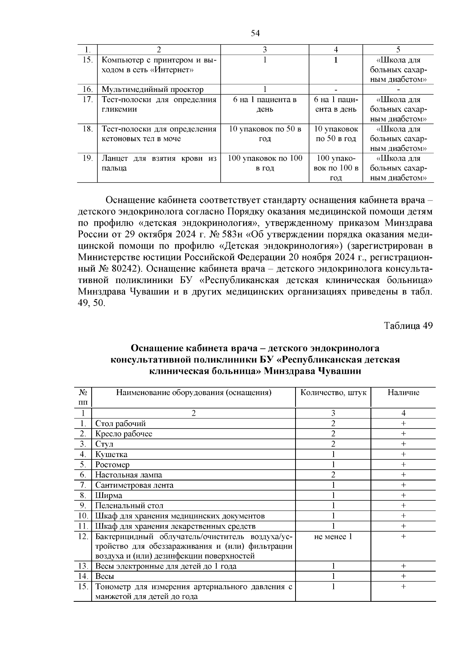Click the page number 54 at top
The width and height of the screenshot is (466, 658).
click(x=255, y=33)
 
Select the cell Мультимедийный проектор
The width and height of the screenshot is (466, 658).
click(x=152, y=90)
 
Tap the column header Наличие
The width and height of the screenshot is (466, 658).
click(x=403, y=392)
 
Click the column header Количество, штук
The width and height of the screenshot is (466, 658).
click(x=333, y=392)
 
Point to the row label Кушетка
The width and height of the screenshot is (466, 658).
click(x=111, y=454)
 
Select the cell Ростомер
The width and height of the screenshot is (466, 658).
click(x=113, y=465)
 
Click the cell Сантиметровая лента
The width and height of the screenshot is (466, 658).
click(x=134, y=485)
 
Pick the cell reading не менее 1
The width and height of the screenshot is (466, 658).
click(x=333, y=537)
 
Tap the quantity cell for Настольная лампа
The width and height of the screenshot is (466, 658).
click(x=333, y=475)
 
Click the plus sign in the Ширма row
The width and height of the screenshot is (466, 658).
click(x=403, y=495)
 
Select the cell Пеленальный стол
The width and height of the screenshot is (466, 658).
click(x=129, y=506)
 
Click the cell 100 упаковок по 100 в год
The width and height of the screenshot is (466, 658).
click(x=264, y=163)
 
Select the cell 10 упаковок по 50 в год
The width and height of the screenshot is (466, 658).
click(x=264, y=134)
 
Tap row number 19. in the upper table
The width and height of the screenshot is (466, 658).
click(x=87, y=158)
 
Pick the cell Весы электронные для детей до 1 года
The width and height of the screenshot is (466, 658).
click(x=166, y=566)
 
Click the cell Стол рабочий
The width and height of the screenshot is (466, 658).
click(x=121, y=424)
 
